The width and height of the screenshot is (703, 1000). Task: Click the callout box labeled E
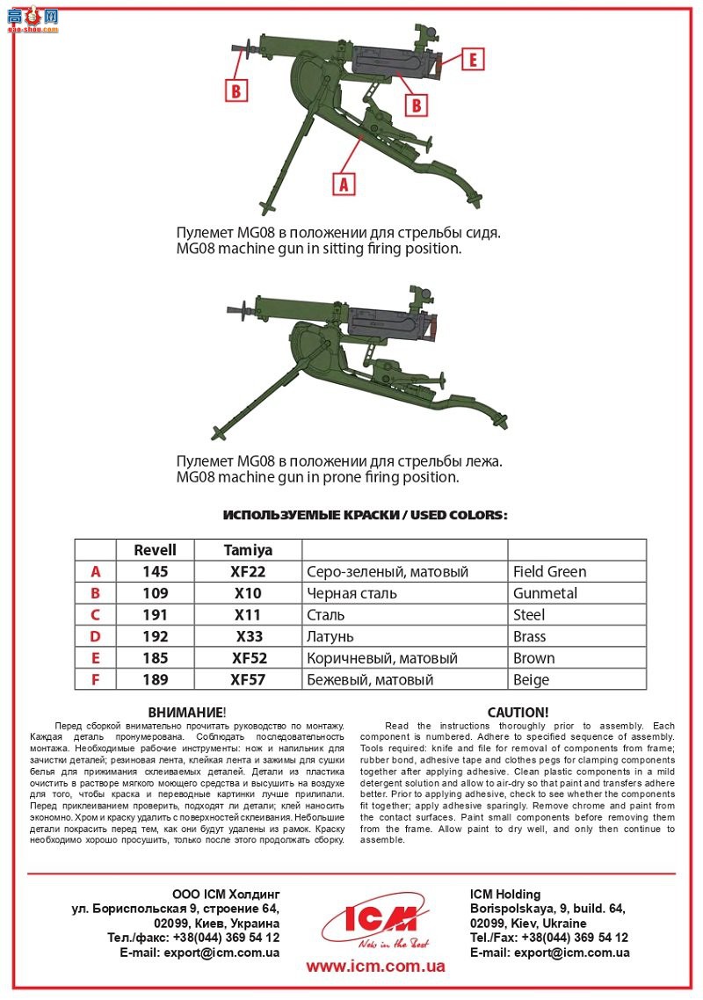click(x=472, y=60)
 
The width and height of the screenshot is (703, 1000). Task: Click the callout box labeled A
click(x=344, y=183)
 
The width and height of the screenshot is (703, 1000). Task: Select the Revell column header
click(x=155, y=550)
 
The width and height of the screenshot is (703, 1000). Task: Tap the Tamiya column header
click(x=248, y=550)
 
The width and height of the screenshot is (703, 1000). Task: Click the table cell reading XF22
click(x=248, y=572)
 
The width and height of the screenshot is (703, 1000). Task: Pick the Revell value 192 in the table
click(x=155, y=636)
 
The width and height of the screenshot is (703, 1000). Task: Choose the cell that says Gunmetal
click(x=545, y=593)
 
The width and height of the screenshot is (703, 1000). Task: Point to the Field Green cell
click(x=549, y=572)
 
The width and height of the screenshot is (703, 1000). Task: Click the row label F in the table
click(x=96, y=679)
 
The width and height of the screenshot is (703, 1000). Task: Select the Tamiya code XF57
click(x=249, y=679)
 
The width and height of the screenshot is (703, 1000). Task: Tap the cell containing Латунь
click(x=332, y=636)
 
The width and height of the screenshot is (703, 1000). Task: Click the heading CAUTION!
click(x=518, y=712)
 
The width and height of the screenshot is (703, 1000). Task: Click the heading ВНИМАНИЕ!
click(x=187, y=712)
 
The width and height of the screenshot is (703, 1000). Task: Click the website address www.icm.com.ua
click(x=375, y=967)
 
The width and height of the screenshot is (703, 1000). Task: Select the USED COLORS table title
click(x=365, y=515)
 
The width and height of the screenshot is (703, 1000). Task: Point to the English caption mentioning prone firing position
click(x=317, y=478)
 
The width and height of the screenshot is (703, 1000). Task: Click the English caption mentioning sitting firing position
click(x=318, y=249)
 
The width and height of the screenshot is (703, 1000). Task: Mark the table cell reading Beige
click(x=531, y=679)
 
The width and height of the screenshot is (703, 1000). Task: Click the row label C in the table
click(x=96, y=615)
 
